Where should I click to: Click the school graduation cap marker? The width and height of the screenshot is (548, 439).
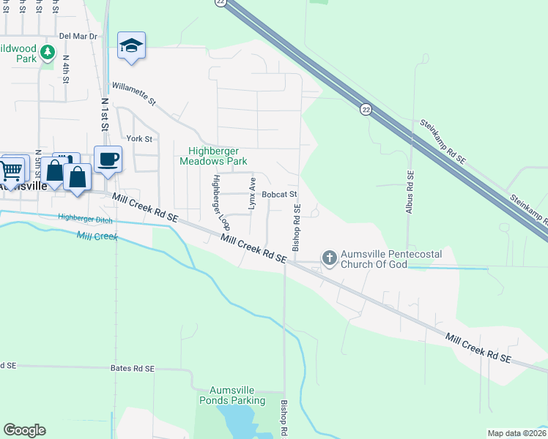coord(132,46)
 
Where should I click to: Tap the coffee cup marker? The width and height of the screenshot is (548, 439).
coord(108,160)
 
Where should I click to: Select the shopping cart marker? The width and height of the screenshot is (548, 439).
coord(11,171)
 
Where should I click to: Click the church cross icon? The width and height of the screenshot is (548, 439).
coord(330,258)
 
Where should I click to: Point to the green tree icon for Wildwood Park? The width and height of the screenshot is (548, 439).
coord(48,52)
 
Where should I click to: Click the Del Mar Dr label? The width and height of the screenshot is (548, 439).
coord(78,35)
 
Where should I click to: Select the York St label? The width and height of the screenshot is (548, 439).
coord(138,138)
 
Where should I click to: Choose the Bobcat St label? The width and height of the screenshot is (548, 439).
coord(279,195)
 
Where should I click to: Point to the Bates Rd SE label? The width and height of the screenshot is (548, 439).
coord(133,369)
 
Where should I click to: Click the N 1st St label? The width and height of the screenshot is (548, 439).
coord(105,116)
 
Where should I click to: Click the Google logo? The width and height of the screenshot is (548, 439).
coord(24,430)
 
